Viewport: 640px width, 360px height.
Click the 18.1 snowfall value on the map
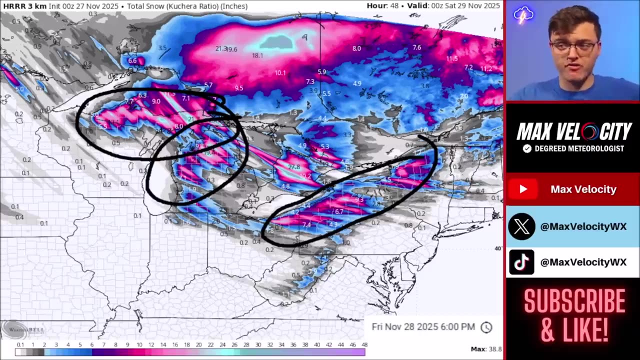pos(257,55)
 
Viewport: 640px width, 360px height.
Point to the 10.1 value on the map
pos(280,73)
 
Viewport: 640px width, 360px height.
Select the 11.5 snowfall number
pos(452,58)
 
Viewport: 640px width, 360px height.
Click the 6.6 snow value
pos(132,61)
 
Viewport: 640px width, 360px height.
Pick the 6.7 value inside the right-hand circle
pos(339,211)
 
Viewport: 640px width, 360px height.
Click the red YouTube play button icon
pos(523,189)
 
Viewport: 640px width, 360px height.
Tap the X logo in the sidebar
pos(521,226)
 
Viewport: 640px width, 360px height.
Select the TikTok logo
pos(521,262)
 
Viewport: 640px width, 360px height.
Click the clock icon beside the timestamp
pos(486,327)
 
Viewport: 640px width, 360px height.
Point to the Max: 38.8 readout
pos(486,349)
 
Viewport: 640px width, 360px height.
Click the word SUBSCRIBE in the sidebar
pos(574,301)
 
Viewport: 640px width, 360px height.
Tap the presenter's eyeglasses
pos(573,47)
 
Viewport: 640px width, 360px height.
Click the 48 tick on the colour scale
pos(364,344)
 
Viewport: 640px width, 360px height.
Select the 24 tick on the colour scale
pos(222,344)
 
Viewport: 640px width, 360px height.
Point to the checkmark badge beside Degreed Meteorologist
pos(527,148)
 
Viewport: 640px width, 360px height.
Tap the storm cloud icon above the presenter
pos(523,15)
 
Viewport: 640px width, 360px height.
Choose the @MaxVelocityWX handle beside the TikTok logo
pos(583,262)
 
